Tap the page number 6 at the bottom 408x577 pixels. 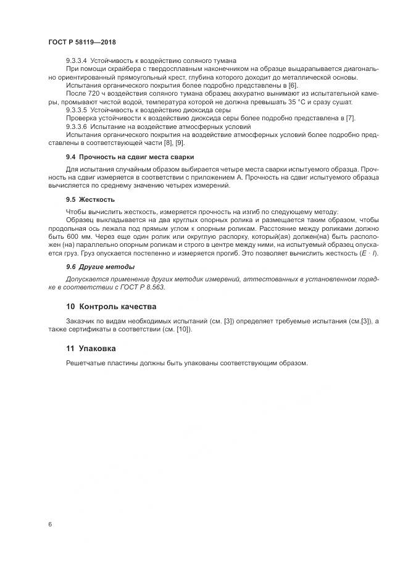(49, 524)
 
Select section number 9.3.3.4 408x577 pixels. (77, 60)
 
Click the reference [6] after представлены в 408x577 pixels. (293, 85)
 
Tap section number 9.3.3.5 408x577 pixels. (77, 109)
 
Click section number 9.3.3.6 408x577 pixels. (77, 125)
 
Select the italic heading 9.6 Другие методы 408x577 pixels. (100, 267)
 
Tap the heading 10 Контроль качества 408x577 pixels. (111, 306)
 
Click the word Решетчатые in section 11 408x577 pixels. (86, 363)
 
